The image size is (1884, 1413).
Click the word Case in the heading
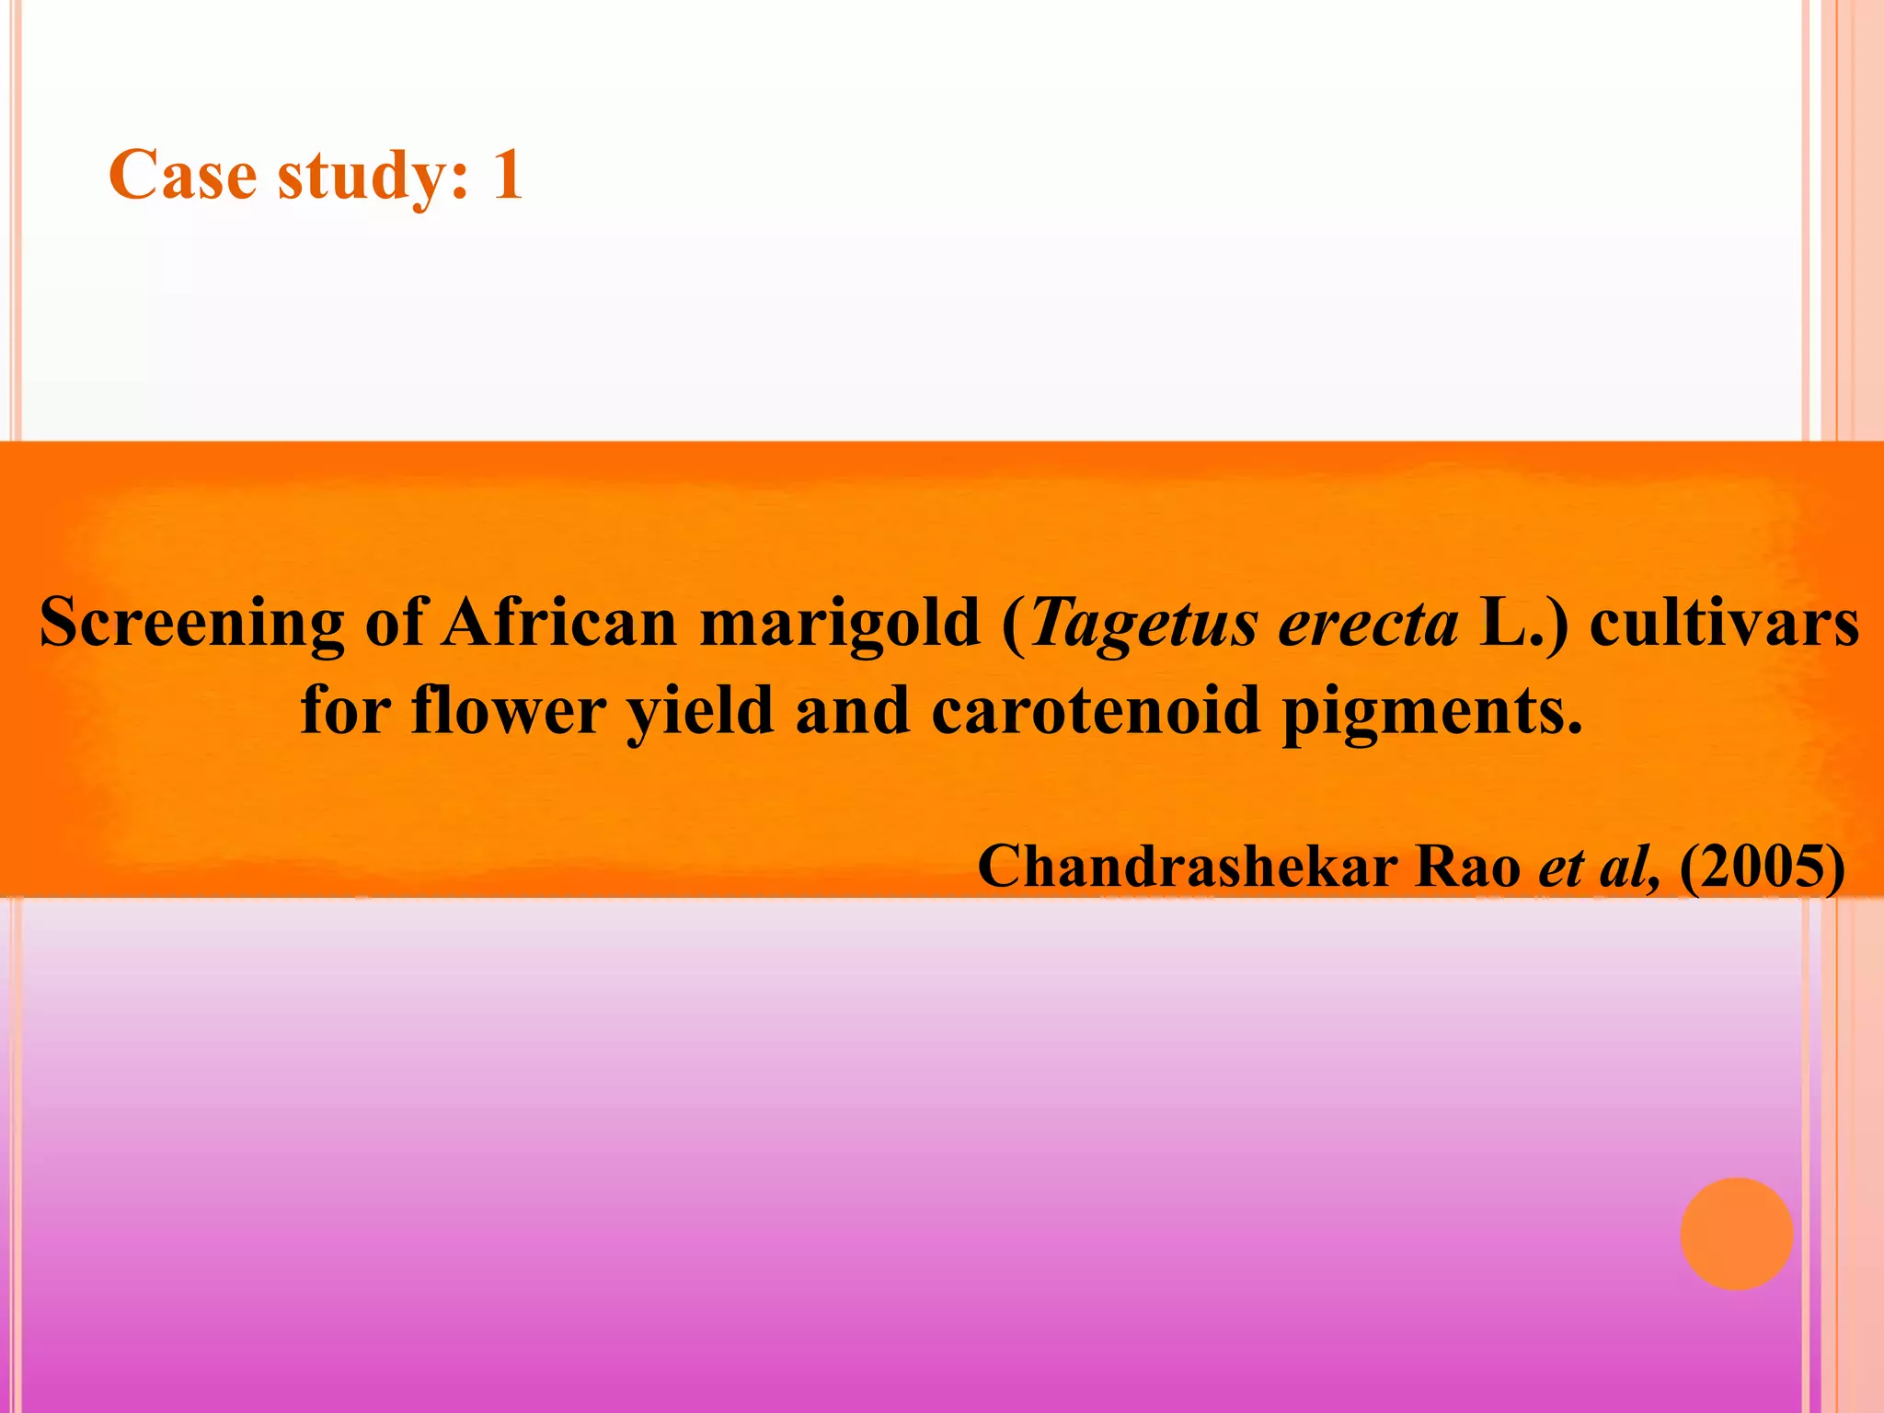(182, 175)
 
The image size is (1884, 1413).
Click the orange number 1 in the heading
(508, 175)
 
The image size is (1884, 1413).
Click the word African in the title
(559, 624)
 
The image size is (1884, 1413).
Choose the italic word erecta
(1368, 624)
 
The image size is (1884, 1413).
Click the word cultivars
(1724, 624)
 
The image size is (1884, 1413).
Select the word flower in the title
(508, 711)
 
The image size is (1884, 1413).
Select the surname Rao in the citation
(1468, 867)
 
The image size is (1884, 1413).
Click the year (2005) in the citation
(1762, 867)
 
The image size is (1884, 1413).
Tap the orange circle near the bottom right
(1736, 1234)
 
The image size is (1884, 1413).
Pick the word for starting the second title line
(346, 711)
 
